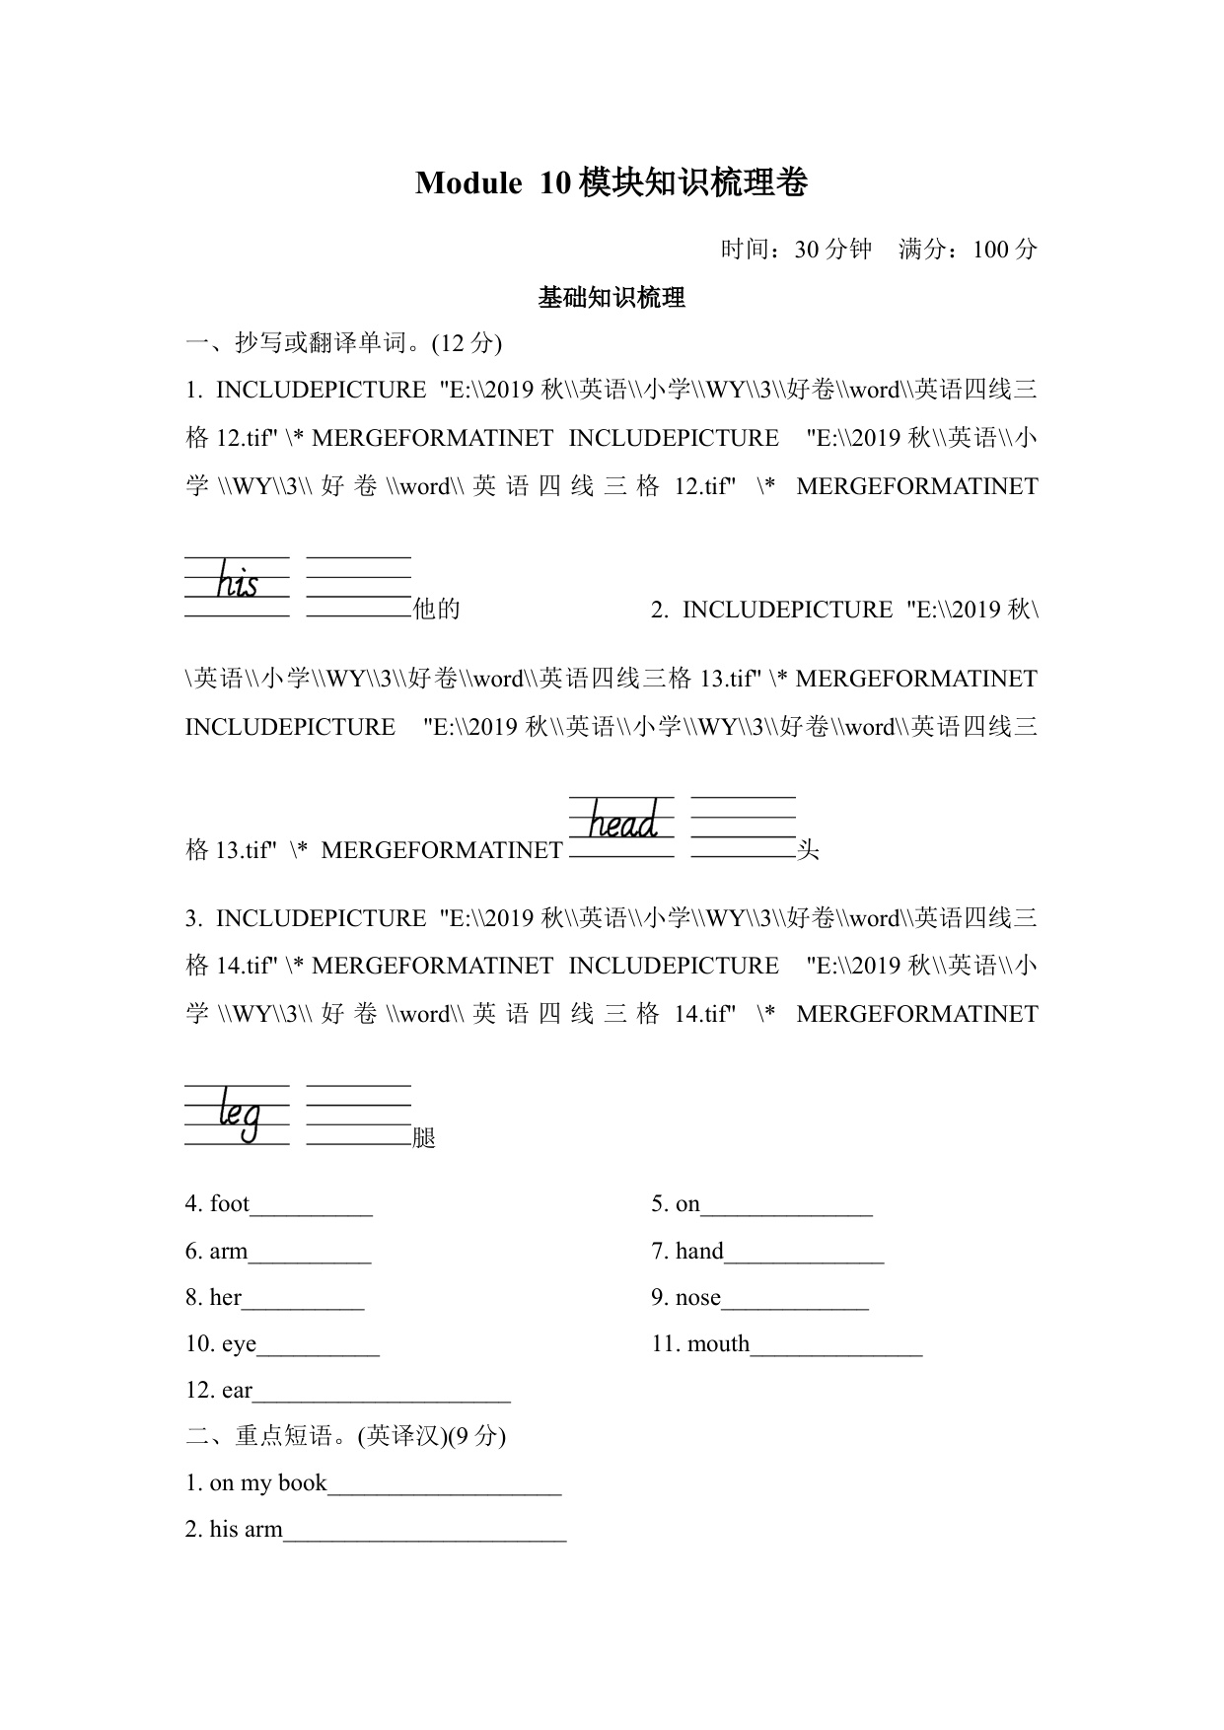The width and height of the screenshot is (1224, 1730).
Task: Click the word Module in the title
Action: (468, 183)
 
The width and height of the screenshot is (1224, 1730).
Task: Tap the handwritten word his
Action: (237, 581)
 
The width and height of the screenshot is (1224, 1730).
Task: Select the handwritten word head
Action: (622, 821)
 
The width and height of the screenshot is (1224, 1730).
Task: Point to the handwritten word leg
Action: (240, 1113)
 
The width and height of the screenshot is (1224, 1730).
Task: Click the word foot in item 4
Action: (230, 1203)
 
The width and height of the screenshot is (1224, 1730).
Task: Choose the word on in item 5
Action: (687, 1203)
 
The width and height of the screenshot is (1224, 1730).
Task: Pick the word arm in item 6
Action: (229, 1251)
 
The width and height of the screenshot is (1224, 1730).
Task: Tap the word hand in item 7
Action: (699, 1251)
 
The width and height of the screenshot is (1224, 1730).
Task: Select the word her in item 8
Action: (226, 1297)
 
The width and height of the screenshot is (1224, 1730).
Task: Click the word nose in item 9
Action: (698, 1297)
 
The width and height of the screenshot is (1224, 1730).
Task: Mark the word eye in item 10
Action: (239, 1343)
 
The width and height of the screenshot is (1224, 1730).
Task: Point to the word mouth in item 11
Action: (718, 1343)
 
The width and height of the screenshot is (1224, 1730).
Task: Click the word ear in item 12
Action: (238, 1390)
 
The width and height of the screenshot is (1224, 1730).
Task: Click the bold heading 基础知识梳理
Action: (612, 298)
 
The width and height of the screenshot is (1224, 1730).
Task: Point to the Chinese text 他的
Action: (437, 609)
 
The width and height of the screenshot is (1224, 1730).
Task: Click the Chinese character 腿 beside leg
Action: (424, 1137)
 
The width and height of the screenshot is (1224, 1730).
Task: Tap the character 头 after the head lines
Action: (808, 849)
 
